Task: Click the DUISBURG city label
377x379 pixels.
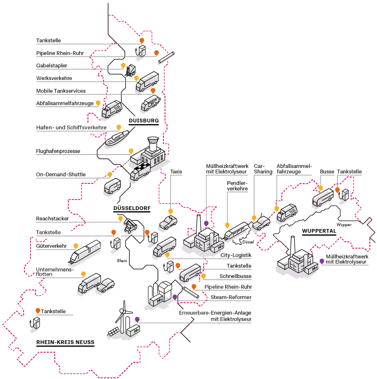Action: [144, 121]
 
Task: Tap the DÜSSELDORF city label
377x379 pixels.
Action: [132, 208]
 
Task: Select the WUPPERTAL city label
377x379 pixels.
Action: [319, 231]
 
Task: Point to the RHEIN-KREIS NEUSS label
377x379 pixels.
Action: [65, 342]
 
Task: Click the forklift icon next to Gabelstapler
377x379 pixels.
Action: [131, 71]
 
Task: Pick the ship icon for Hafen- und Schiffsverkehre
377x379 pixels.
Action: [117, 138]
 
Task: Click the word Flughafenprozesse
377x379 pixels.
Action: [58, 151]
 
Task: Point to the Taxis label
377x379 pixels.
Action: [176, 172]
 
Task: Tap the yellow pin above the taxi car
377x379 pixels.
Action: [171, 211]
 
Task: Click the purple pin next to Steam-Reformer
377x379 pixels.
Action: [175, 297]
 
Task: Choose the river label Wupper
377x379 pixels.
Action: [344, 225]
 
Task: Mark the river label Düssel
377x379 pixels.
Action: [248, 242]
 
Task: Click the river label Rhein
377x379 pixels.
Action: [122, 261]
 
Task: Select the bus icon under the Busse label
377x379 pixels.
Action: [322, 198]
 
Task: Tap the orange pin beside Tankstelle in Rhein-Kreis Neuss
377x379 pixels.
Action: [38, 311]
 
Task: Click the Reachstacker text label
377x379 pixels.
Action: [53, 219]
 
